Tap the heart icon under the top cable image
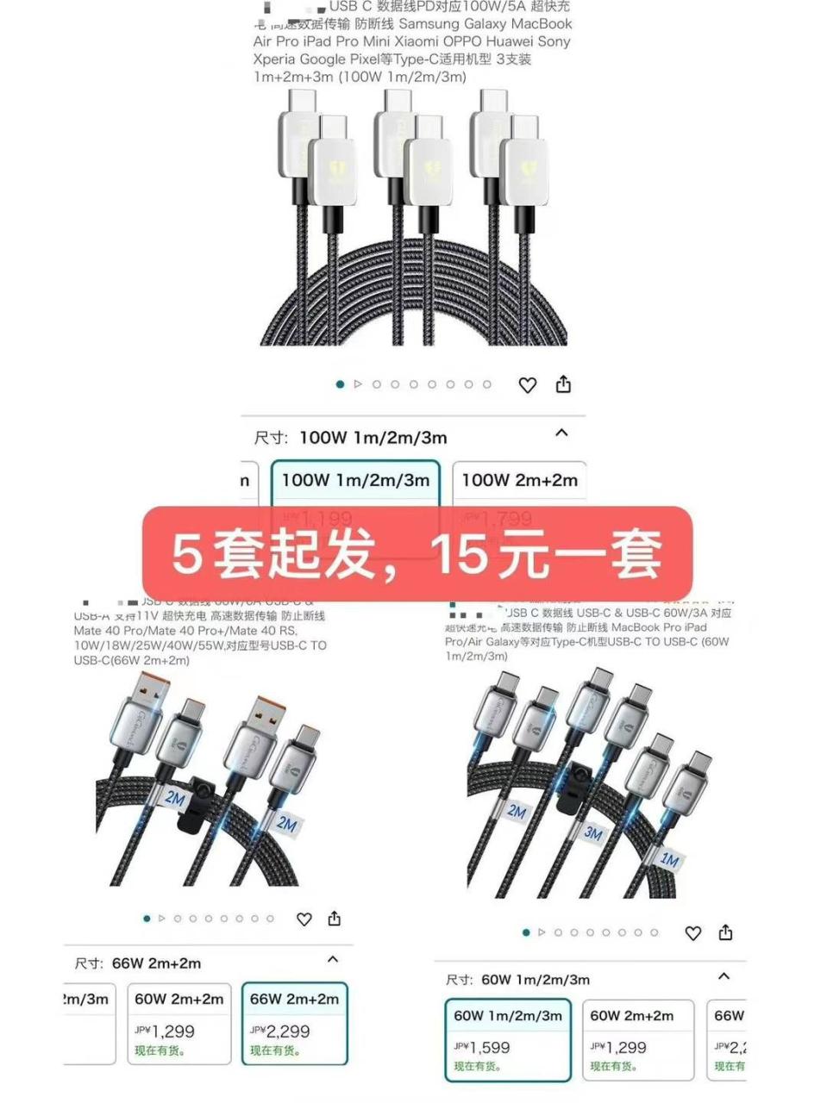(527, 385)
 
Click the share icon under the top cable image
(563, 384)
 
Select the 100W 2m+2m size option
(519, 480)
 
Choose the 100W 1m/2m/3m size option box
(355, 480)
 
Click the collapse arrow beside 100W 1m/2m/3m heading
(561, 433)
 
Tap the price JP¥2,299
(280, 1031)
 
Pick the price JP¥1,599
(482, 1047)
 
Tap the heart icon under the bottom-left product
(304, 919)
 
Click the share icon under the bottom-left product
(335, 919)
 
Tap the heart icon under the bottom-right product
(692, 933)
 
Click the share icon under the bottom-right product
(726, 932)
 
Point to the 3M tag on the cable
(593, 833)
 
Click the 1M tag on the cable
(669, 859)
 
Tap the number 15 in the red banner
(458, 554)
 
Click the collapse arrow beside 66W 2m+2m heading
(333, 959)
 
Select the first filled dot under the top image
(340, 384)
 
